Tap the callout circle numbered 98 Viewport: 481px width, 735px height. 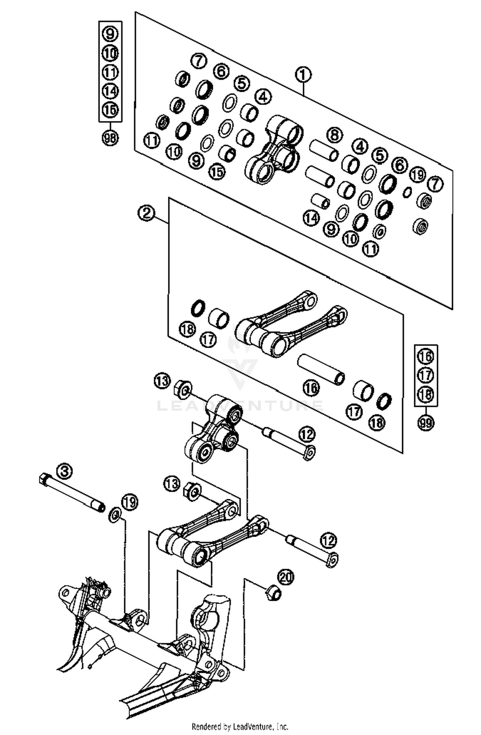(110, 138)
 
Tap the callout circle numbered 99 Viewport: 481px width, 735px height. (426, 423)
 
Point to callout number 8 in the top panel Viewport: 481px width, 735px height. (334, 134)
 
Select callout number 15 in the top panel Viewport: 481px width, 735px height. (217, 172)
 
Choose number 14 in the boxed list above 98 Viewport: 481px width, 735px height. (110, 91)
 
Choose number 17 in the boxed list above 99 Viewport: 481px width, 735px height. (426, 375)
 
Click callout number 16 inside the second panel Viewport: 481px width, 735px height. (311, 388)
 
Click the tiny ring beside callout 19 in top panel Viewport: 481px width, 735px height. (407, 192)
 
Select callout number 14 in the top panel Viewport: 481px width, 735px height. (311, 218)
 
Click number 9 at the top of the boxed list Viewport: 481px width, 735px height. (110, 33)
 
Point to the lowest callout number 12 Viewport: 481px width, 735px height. (328, 540)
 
